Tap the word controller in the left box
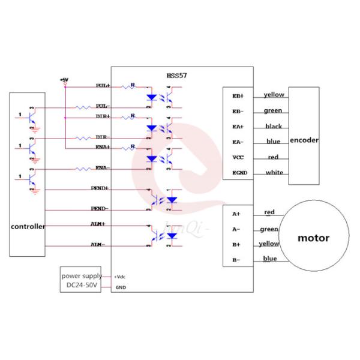[x=27, y=227]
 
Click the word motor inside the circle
[x=313, y=238]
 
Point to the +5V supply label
[x=64, y=79]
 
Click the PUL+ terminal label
[x=103, y=86]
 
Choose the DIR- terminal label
[x=102, y=137]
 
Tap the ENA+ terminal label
[x=102, y=147]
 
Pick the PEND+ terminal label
[x=100, y=188]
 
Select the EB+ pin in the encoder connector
[x=238, y=95]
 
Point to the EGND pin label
[x=239, y=173]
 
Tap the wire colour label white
[x=274, y=173]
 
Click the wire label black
[x=274, y=126]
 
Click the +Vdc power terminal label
[x=121, y=277]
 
